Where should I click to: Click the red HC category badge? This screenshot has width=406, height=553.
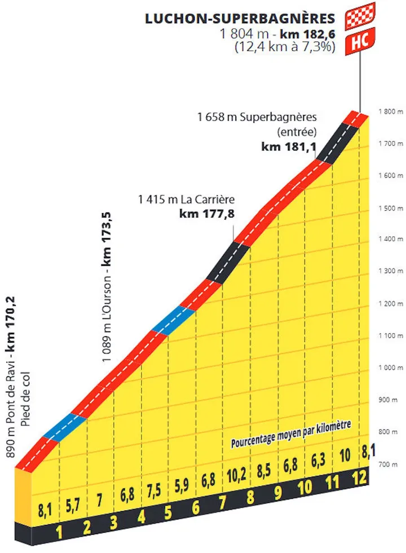(x=360, y=41)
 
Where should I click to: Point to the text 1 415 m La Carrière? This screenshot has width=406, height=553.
(x=186, y=199)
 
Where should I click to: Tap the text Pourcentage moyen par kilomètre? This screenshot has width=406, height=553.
(x=291, y=433)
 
